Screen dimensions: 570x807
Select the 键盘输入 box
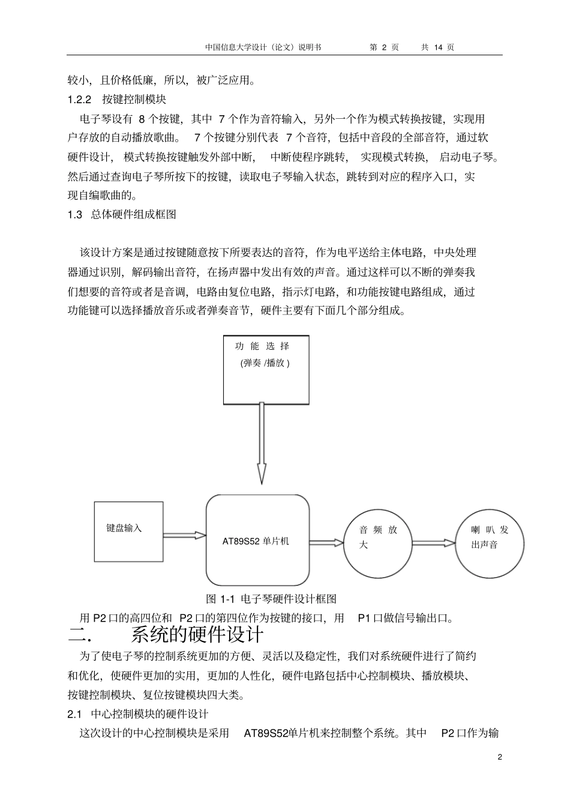click(x=128, y=532)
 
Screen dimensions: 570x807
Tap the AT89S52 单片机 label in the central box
click(x=256, y=541)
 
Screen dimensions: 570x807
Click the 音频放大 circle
click(x=378, y=538)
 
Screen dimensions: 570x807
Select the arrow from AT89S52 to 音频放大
click(x=326, y=542)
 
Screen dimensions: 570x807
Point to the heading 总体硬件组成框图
click(x=133, y=214)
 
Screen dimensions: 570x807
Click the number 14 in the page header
click(x=437, y=47)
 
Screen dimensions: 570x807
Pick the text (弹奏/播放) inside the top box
click(x=265, y=363)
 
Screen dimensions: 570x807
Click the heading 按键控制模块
click(x=134, y=99)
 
